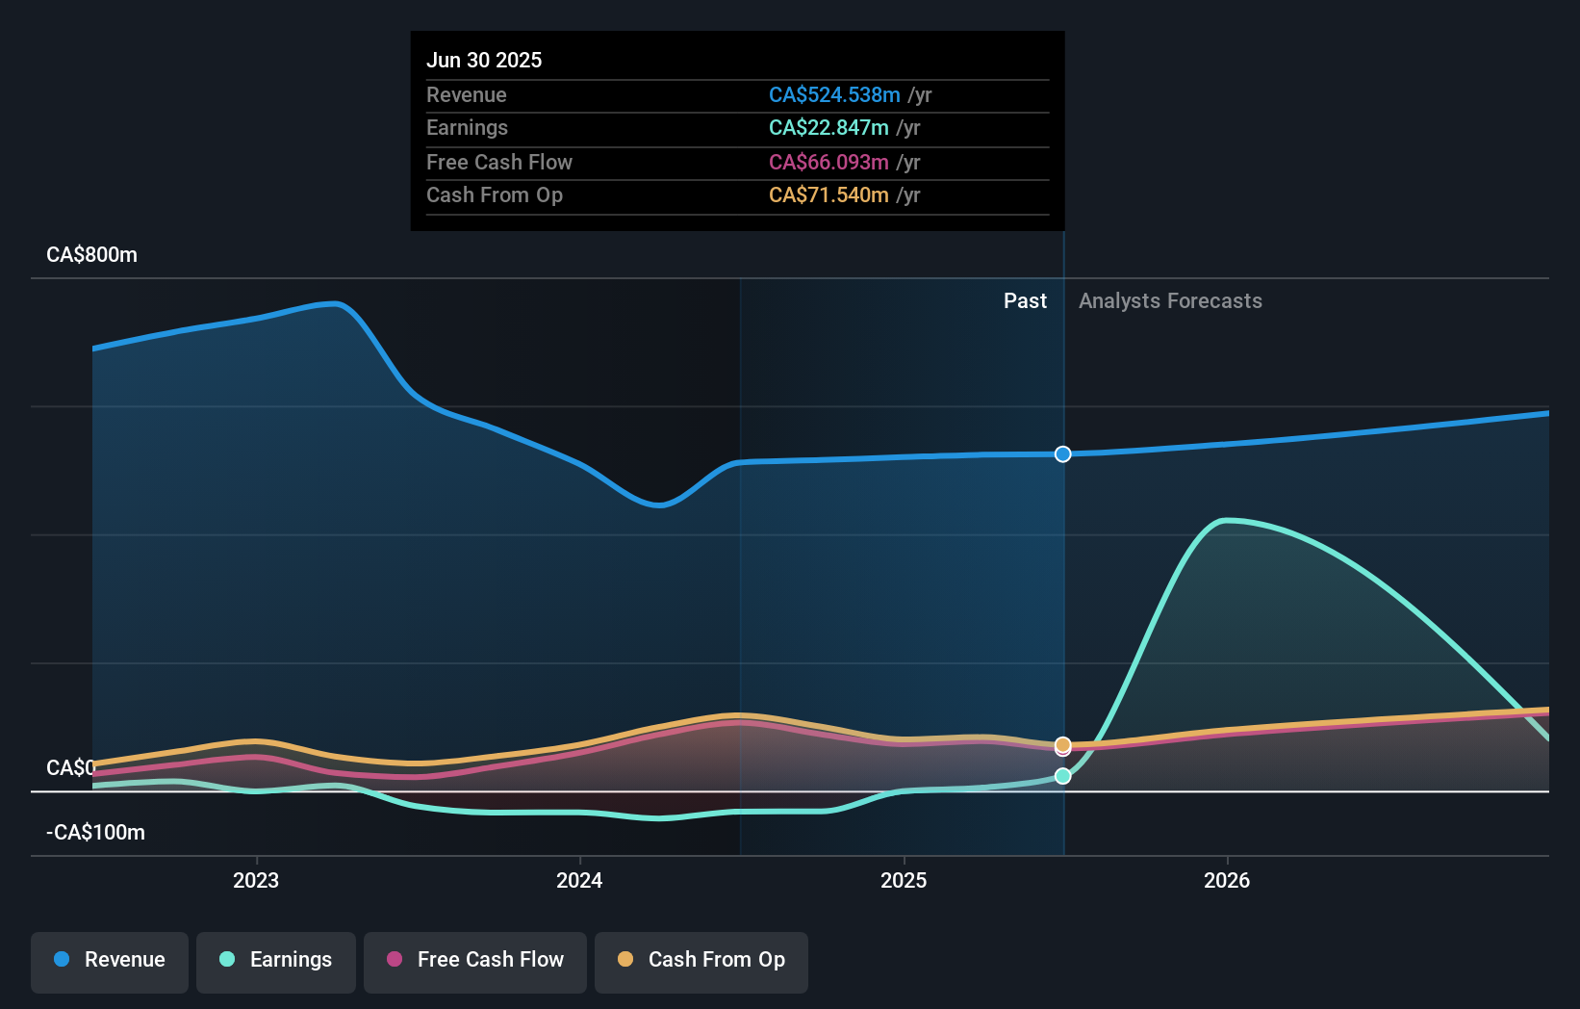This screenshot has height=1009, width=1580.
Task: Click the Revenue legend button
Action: pos(110,961)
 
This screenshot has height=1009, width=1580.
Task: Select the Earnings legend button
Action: pos(276,961)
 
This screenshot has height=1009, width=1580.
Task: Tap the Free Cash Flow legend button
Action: pos(475,961)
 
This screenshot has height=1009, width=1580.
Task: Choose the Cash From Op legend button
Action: pos(701,961)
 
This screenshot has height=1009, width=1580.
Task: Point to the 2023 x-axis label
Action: pos(256,880)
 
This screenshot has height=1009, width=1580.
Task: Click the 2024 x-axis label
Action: pos(579,880)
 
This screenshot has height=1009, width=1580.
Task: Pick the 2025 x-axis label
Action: pos(904,880)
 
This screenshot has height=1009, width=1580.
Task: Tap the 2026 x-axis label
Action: pos(1227,880)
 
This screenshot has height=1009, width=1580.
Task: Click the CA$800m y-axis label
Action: pos(92,255)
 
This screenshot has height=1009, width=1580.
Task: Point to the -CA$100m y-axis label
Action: pos(96,833)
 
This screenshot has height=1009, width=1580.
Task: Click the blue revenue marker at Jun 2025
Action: pos(1062,454)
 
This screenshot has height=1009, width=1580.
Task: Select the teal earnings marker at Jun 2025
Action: pos(1062,776)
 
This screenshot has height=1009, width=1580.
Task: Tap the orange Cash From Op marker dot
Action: pos(1062,744)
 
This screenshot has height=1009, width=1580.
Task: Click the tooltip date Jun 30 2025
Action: pos(484,61)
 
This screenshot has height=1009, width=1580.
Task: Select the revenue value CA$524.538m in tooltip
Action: pos(834,95)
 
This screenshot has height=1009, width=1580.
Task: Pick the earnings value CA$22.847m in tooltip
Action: pos(828,128)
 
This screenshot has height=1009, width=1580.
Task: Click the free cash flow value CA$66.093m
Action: pos(828,163)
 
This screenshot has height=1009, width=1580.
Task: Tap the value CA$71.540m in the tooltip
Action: pos(828,195)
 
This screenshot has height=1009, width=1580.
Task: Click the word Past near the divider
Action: pos(1025,301)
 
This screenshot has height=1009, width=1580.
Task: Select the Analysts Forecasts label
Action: pos(1170,301)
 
